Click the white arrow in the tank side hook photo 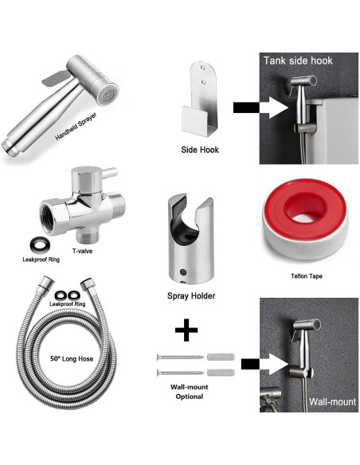point(278,107)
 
